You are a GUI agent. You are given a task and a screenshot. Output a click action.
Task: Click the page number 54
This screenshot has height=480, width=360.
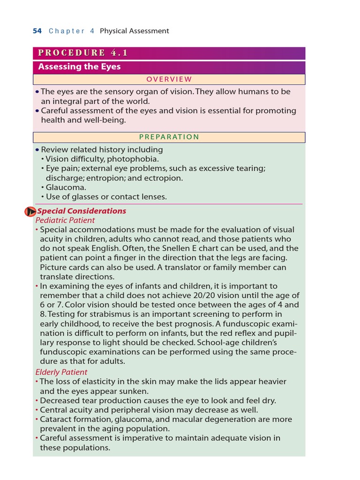(x=37, y=31)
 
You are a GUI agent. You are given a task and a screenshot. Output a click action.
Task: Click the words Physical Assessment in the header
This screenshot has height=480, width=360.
(x=134, y=31)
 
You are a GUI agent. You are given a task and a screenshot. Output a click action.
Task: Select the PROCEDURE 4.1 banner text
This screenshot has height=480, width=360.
(x=83, y=53)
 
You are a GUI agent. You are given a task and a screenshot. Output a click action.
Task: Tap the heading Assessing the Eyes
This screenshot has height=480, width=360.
(x=79, y=67)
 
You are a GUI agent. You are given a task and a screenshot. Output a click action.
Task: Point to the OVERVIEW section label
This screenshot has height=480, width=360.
(x=169, y=79)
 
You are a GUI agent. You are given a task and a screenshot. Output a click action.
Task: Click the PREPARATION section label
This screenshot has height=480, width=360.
(x=169, y=137)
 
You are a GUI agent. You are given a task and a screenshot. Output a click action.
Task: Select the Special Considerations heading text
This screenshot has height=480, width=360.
(x=82, y=211)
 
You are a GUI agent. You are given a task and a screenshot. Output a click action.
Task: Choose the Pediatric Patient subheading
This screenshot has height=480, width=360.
(x=65, y=220)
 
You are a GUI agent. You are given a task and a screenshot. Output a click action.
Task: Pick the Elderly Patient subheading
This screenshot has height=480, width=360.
(x=61, y=372)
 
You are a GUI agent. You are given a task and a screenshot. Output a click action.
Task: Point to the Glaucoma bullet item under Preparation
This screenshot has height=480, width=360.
(x=63, y=187)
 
